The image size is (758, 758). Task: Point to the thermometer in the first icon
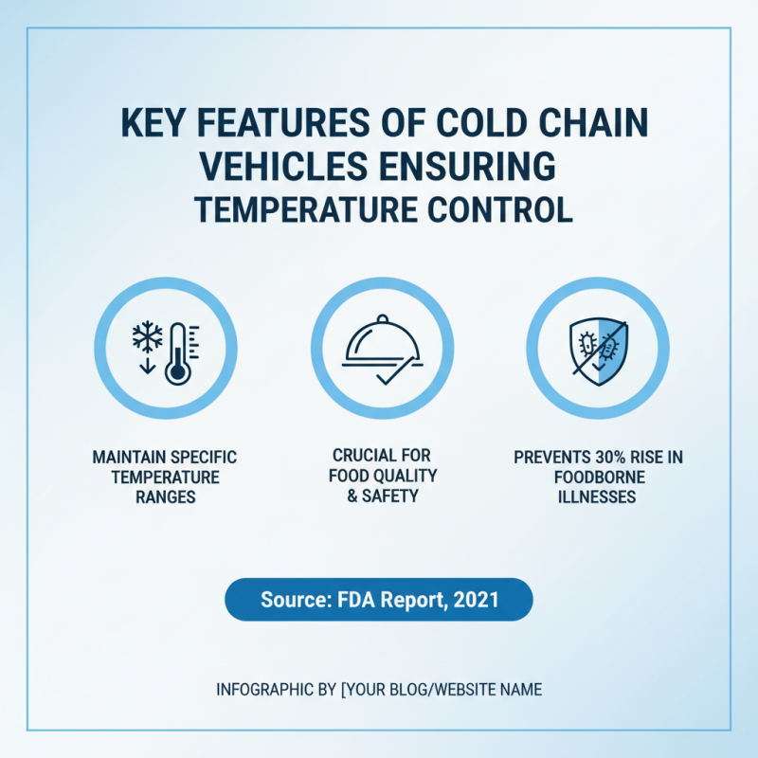(177, 352)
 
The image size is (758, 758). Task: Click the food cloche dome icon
(380, 343)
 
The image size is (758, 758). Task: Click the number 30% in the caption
(601, 457)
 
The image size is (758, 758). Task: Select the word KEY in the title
(149, 126)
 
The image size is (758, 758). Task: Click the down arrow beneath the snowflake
(147, 364)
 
